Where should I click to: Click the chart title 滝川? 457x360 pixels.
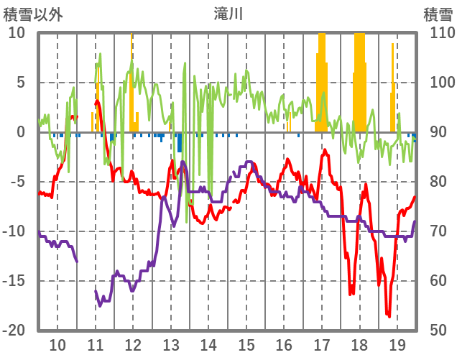(x=228, y=14)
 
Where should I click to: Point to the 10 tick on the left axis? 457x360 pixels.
(x=17, y=33)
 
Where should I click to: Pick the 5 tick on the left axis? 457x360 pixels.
(x=20, y=83)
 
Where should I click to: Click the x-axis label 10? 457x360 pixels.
(x=57, y=344)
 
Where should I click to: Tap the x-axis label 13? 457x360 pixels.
(x=171, y=344)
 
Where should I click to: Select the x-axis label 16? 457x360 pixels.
(x=284, y=344)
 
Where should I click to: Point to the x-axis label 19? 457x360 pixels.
(x=397, y=344)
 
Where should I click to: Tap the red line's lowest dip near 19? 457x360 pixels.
(x=389, y=315)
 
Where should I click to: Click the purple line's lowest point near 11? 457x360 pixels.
(x=100, y=305)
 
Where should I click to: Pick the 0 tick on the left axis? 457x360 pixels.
(x=20, y=132)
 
